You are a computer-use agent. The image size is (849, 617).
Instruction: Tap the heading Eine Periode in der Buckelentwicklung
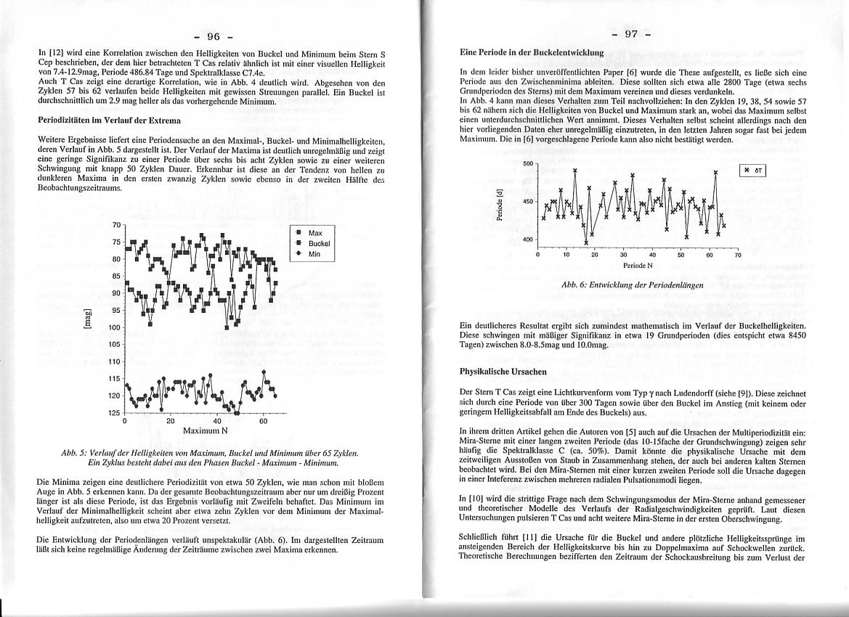point(532,53)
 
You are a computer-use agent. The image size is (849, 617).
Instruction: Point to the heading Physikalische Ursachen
point(503,371)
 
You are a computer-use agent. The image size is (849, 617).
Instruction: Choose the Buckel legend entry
point(319,244)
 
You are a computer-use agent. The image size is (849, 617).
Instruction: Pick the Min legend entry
point(314,255)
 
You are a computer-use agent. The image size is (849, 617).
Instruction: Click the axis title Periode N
point(637,266)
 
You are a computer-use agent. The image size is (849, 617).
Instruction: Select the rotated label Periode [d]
point(499,204)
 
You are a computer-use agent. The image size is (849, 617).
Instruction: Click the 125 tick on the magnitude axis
point(115,413)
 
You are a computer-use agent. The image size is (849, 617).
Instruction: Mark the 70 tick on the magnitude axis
point(117,225)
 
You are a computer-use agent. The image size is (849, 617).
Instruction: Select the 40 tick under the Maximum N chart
point(217,421)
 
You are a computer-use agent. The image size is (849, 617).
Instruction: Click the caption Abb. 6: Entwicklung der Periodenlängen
point(633,285)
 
